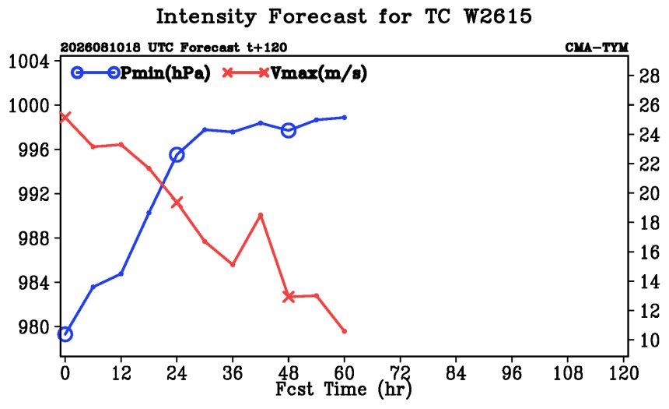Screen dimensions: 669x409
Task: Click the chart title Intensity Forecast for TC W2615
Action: click(344, 17)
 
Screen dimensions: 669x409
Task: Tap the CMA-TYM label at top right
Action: click(597, 48)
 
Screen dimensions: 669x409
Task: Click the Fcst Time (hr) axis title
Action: click(344, 390)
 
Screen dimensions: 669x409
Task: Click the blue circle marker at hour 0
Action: click(65, 333)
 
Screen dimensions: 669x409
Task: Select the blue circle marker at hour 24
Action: click(177, 155)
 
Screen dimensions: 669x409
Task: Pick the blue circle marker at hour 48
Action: click(289, 130)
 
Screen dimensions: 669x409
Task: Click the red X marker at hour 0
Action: click(65, 117)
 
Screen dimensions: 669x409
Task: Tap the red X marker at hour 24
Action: click(177, 203)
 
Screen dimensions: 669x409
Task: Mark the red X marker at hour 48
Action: click(289, 297)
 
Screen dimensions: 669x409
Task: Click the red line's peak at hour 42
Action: click(261, 215)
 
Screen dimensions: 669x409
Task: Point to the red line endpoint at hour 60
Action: click(345, 331)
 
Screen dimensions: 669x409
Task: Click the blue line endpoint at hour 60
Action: click(345, 117)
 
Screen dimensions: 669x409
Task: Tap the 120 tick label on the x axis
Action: click(624, 373)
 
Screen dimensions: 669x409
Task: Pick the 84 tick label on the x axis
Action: click(456, 373)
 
